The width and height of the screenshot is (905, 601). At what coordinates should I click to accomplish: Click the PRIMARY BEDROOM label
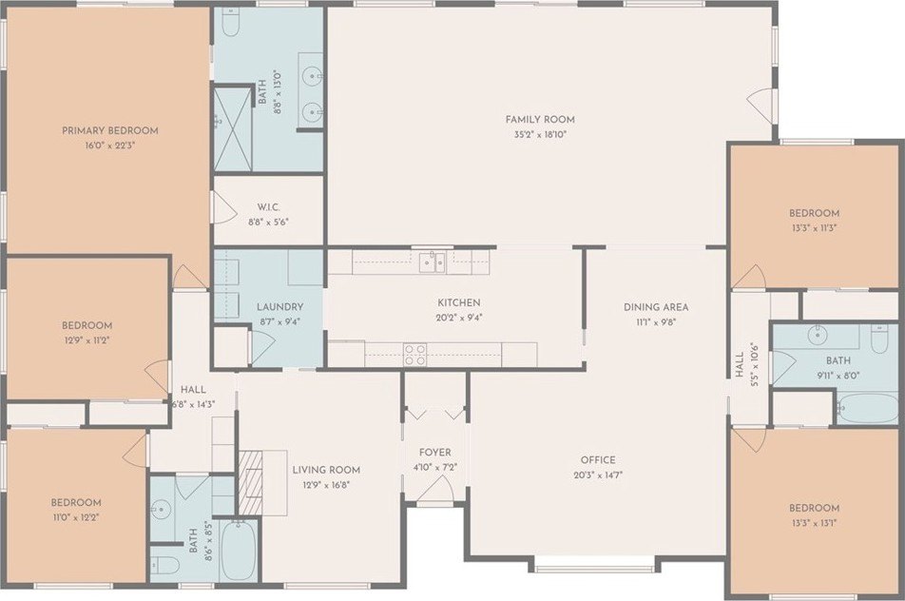point(110,130)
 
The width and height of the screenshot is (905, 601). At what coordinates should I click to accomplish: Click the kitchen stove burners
point(415,354)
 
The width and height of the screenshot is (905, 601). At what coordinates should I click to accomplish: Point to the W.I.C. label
point(265,206)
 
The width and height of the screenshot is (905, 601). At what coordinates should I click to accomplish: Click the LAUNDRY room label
point(280,306)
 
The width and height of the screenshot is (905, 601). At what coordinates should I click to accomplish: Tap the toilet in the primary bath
point(231,22)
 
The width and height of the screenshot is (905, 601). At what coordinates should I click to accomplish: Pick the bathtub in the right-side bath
point(868,408)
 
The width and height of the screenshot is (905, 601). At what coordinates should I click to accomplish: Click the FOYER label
point(435,453)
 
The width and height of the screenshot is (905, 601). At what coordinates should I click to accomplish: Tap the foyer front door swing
point(437,491)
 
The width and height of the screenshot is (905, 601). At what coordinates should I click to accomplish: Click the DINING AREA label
point(656,307)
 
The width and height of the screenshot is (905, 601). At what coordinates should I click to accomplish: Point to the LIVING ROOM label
point(326,470)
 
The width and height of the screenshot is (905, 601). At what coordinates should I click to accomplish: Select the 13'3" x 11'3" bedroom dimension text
point(814,228)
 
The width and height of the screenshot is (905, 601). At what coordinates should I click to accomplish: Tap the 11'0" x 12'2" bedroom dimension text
point(75,518)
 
